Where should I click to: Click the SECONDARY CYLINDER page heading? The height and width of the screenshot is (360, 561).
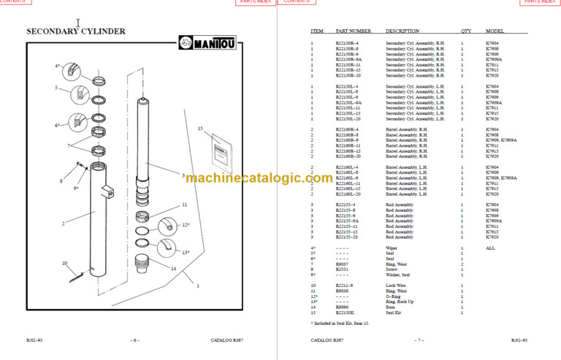[76, 31]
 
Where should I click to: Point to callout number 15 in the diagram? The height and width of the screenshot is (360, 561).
[199, 129]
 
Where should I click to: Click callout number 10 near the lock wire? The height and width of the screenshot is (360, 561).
[64, 263]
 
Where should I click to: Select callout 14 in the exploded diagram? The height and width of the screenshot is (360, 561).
[174, 268]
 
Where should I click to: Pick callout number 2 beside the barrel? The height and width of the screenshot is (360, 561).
[63, 223]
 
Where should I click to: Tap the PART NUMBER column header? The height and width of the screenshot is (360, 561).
[353, 31]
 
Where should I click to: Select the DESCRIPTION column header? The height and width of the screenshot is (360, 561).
[402, 31]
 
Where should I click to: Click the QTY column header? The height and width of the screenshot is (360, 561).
[465, 31]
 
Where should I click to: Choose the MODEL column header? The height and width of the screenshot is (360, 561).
[495, 31]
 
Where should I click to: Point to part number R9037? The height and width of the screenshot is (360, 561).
[342, 263]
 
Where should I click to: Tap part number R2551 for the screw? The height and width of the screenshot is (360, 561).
[342, 268]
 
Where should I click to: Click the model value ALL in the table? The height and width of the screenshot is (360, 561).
[490, 248]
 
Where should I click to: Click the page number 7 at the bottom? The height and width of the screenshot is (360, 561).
[419, 340]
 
